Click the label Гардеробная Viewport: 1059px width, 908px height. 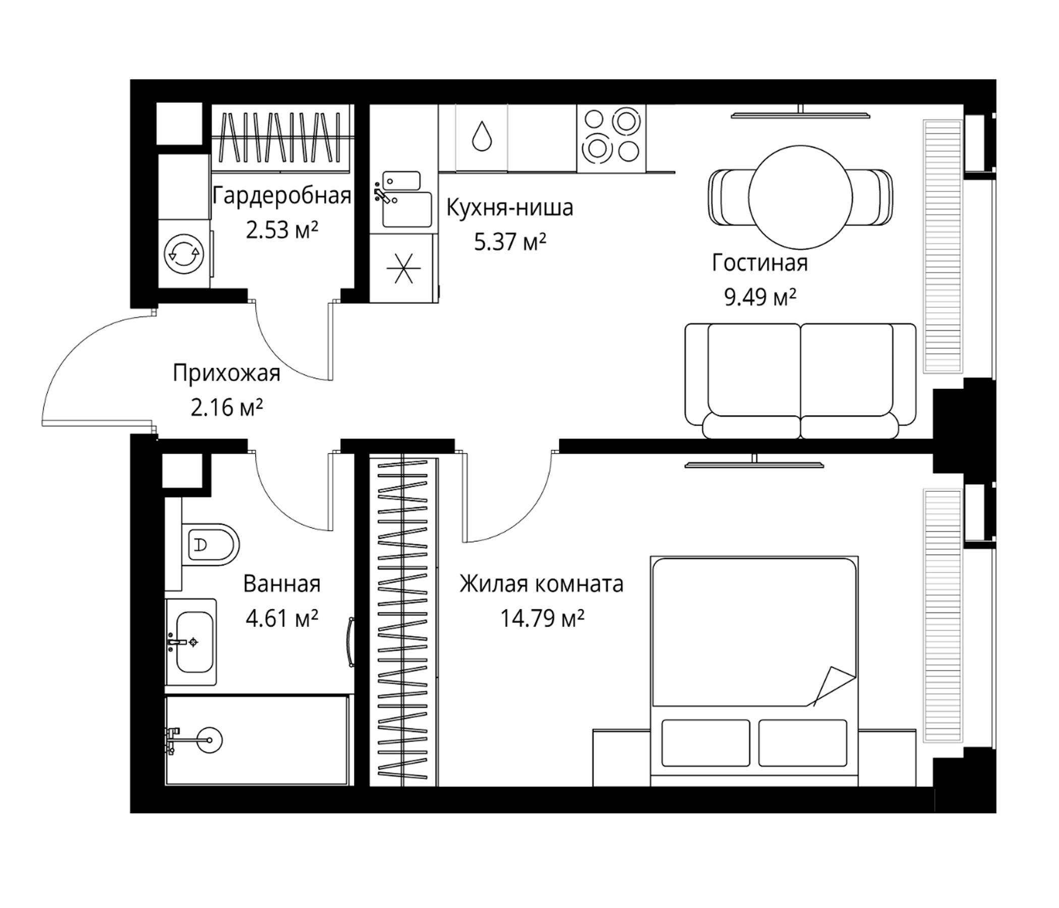pos(281,196)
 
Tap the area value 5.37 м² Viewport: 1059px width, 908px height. pos(510,241)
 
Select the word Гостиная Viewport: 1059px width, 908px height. pos(759,263)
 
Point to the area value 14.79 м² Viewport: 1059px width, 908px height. pos(542,618)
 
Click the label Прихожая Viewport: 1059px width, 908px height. pos(226,374)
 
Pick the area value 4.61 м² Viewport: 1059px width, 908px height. pos(281,618)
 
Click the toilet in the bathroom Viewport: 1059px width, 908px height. pos(210,544)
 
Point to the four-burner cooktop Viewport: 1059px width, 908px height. pos(611,138)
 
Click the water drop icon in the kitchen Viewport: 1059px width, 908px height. pos(482,136)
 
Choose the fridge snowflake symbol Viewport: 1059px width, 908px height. pos(403,268)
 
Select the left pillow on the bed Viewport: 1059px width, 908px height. pos(705,743)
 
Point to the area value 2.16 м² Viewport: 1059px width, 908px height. pos(226,408)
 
